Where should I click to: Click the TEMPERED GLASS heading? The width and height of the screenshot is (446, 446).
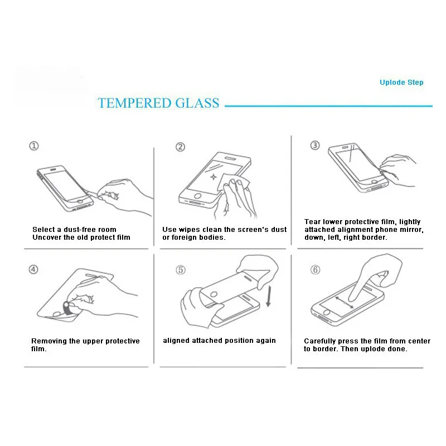[158, 103]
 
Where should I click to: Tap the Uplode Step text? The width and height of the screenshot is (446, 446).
[401, 83]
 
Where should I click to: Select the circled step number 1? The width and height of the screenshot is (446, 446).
[35, 146]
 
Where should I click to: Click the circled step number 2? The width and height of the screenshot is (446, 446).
[180, 147]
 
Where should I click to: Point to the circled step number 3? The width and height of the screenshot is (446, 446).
[315, 146]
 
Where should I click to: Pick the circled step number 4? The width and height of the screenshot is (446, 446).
[34, 269]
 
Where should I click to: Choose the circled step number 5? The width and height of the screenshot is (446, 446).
[180, 270]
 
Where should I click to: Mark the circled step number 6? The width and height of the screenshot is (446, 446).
[315, 270]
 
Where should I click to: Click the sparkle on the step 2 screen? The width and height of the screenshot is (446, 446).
[213, 177]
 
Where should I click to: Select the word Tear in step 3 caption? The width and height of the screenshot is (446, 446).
[313, 222]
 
